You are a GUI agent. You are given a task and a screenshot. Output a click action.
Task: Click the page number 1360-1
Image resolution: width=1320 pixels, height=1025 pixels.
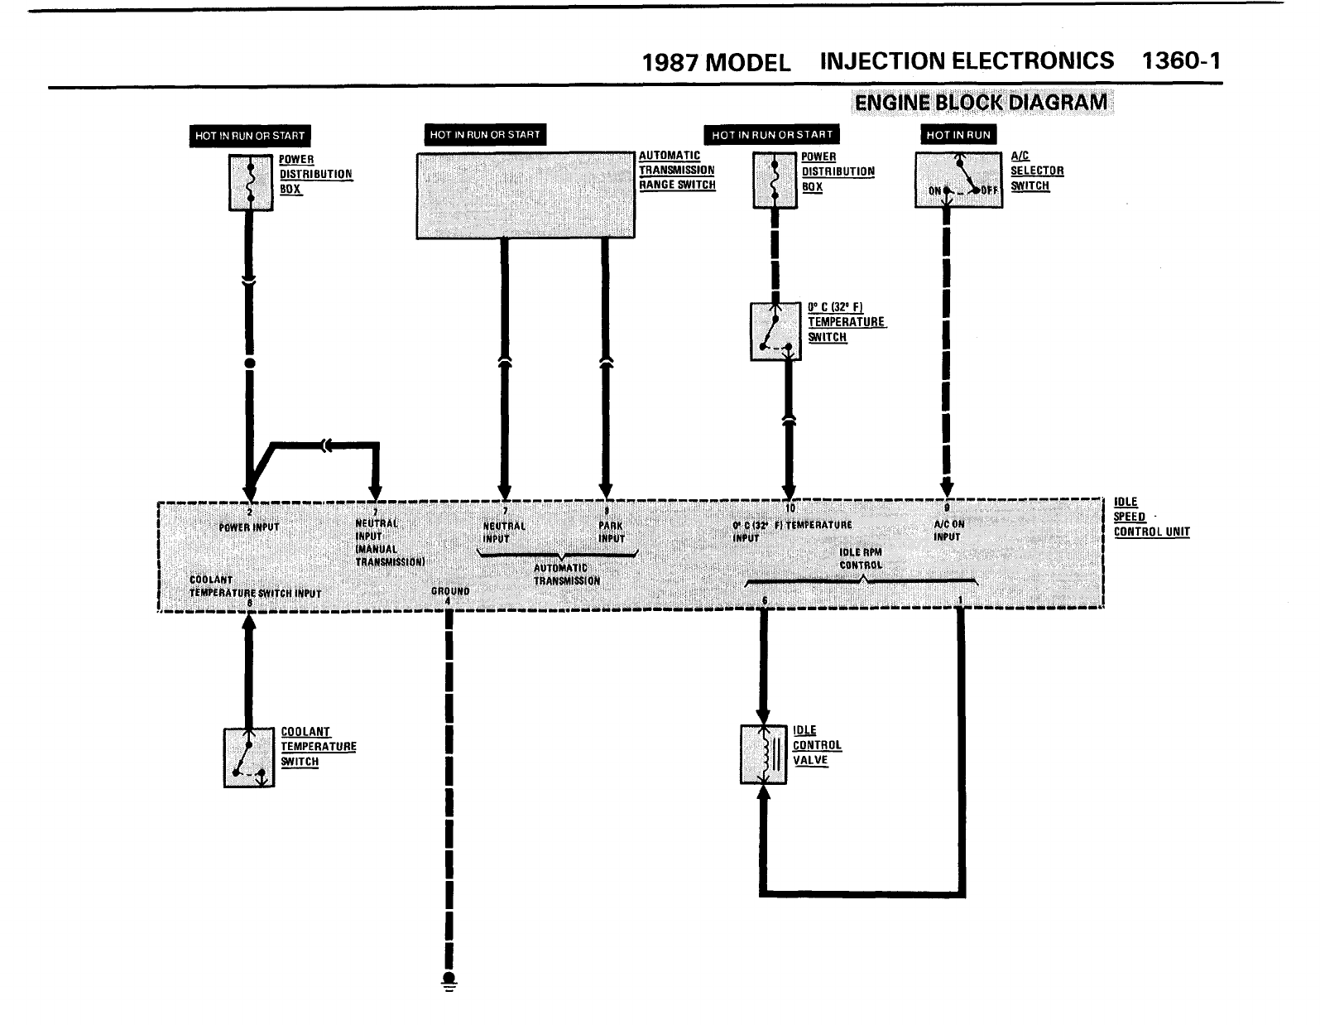pyautogui.click(x=1180, y=61)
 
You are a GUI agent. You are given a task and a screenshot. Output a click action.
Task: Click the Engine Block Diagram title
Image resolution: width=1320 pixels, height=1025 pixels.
pyautogui.click(x=981, y=103)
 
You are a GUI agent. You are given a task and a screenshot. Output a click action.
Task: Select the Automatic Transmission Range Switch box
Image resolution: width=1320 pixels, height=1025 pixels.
pyautogui.click(x=526, y=195)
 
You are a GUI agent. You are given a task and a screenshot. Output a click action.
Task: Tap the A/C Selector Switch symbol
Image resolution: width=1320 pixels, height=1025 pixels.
pyautogui.click(x=958, y=179)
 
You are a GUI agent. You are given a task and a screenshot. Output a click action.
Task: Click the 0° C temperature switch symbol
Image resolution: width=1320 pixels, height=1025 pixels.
pyautogui.click(x=775, y=332)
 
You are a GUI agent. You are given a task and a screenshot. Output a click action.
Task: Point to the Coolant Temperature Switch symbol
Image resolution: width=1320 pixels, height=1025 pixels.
pyautogui.click(x=248, y=758)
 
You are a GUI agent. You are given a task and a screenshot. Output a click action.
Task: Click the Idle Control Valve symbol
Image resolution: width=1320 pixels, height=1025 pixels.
pyautogui.click(x=763, y=754)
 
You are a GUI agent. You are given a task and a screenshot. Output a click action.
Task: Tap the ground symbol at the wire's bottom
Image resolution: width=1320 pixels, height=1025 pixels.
pyautogui.click(x=449, y=983)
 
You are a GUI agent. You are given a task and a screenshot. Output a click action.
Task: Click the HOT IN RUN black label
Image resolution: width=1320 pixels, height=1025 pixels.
pyautogui.click(x=958, y=135)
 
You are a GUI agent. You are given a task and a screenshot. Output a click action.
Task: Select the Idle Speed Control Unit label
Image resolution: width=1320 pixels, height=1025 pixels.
pyautogui.click(x=1151, y=517)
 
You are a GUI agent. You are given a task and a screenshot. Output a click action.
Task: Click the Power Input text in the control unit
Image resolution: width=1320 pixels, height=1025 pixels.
pyautogui.click(x=249, y=527)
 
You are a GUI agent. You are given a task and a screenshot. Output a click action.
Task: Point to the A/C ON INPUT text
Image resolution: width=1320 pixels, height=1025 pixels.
pyautogui.click(x=948, y=531)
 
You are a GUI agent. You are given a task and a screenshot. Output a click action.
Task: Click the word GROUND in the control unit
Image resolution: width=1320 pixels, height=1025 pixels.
pyautogui.click(x=450, y=591)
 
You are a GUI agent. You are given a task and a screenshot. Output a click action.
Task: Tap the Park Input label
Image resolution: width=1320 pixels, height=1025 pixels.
pyautogui.click(x=611, y=532)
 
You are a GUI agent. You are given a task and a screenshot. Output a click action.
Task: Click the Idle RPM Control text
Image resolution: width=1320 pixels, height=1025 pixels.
pyautogui.click(x=861, y=559)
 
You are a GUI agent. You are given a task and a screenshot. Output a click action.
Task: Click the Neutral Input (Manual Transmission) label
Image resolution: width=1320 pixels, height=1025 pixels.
pyautogui.click(x=389, y=542)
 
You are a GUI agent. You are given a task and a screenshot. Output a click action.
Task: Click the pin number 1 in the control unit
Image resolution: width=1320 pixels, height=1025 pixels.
pyautogui.click(x=960, y=600)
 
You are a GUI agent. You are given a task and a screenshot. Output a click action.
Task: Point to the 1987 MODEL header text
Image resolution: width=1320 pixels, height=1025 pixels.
pyautogui.click(x=716, y=63)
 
